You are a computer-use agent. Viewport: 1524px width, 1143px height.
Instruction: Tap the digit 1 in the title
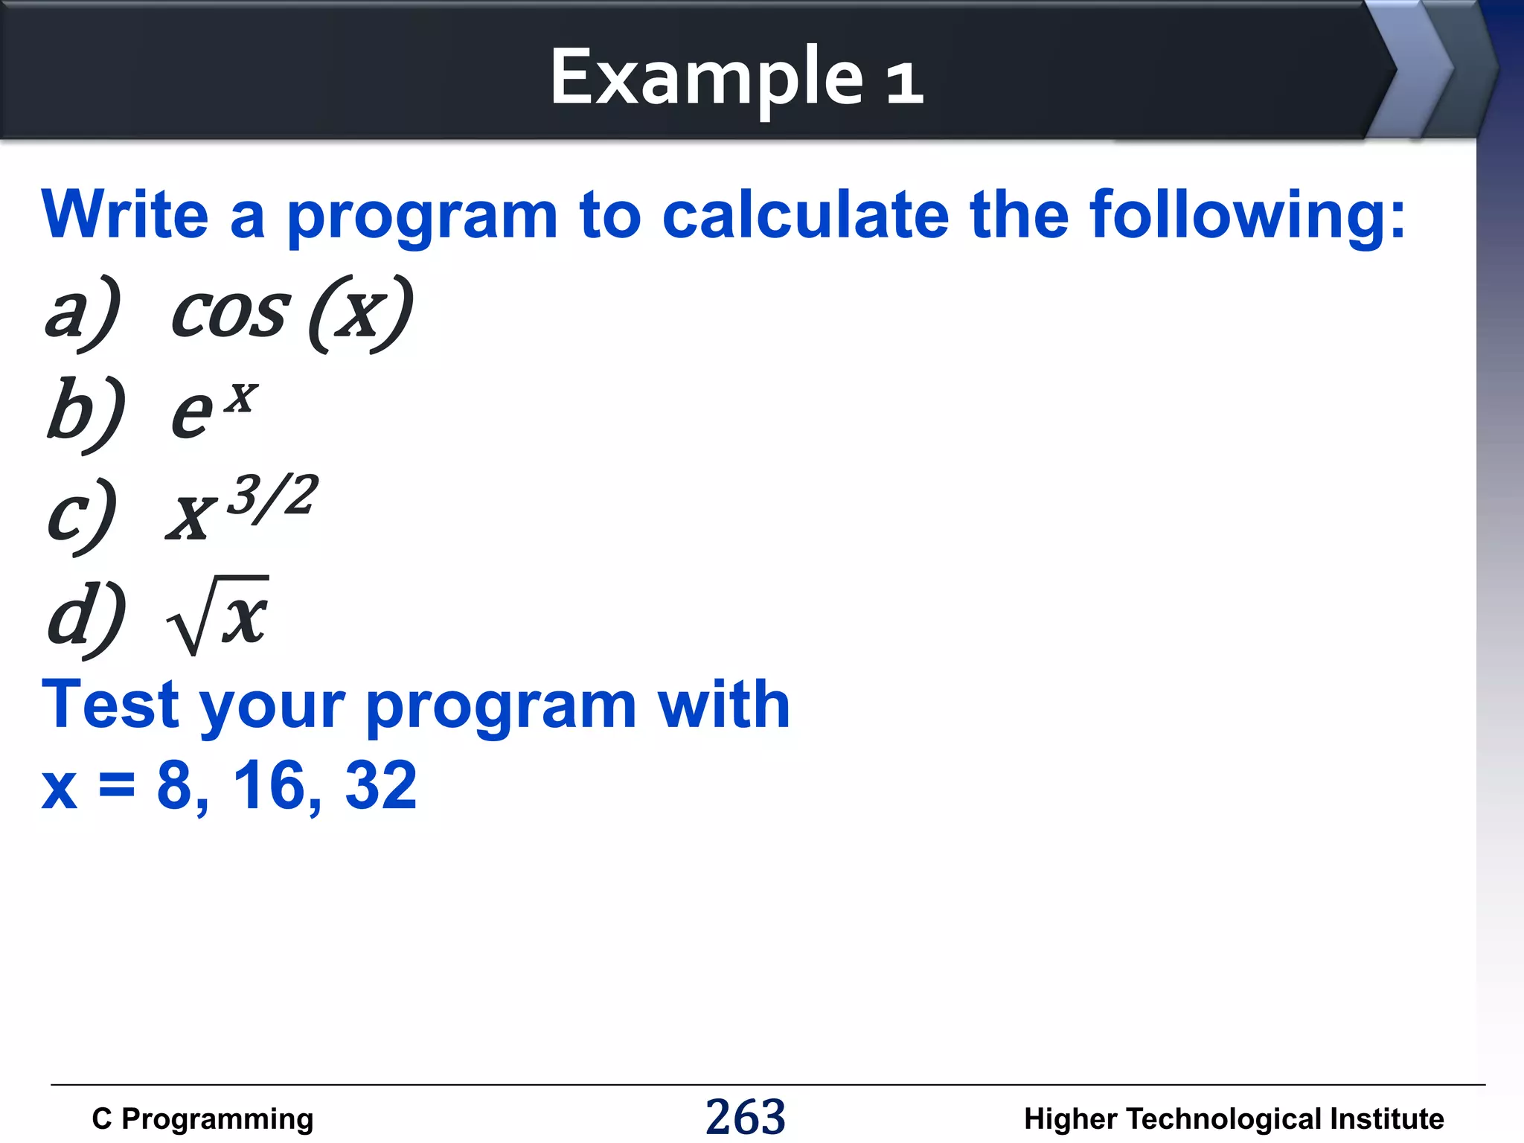[x=904, y=82]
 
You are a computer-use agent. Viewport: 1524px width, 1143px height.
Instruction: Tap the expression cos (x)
[x=292, y=313]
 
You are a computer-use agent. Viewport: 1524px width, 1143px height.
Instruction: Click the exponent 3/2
[x=272, y=497]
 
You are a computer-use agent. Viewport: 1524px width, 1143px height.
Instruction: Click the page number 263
[x=745, y=1117]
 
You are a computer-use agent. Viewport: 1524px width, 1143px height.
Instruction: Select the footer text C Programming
[x=202, y=1119]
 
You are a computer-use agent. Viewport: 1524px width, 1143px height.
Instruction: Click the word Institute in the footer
[x=1386, y=1119]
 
